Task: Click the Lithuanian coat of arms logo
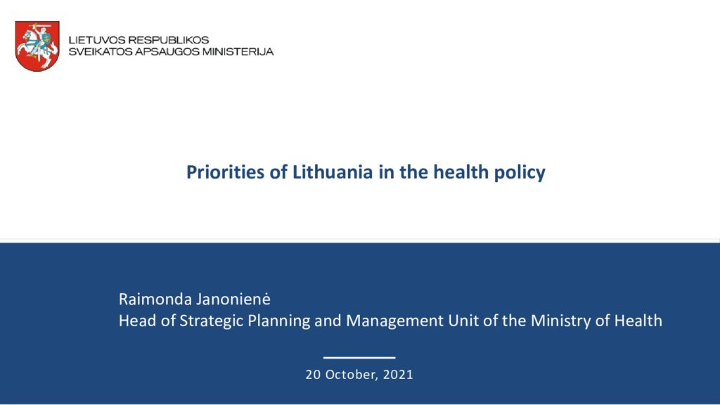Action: (x=37, y=46)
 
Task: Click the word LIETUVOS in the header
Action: (x=96, y=40)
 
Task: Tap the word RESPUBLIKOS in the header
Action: (x=168, y=40)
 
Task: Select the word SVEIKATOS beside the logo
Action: (x=101, y=51)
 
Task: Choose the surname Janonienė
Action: (x=233, y=299)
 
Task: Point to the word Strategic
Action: (x=212, y=321)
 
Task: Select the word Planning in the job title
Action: (x=278, y=321)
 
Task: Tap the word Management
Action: (x=394, y=321)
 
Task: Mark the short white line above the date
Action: (x=359, y=357)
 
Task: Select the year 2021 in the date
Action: (x=398, y=375)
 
